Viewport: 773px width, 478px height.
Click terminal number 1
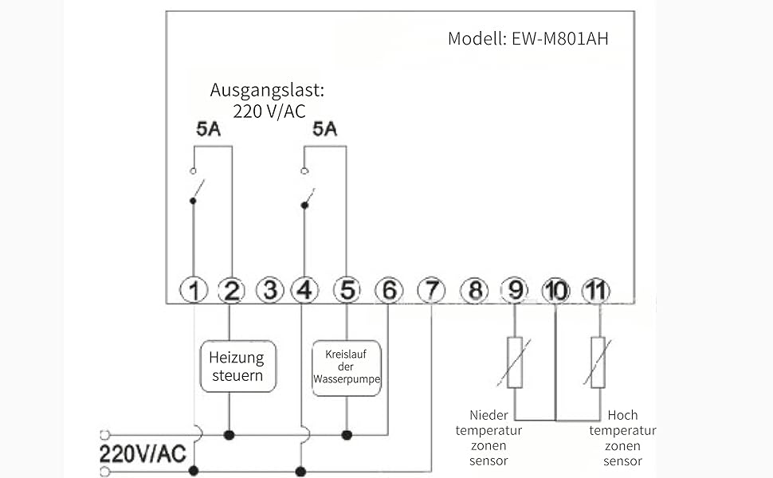click(x=194, y=291)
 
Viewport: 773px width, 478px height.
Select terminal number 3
click(x=270, y=291)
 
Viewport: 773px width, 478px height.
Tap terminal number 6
click(x=388, y=291)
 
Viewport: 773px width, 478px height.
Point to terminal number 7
click(x=431, y=291)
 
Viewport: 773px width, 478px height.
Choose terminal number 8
click(x=475, y=291)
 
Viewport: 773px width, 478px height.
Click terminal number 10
click(x=555, y=291)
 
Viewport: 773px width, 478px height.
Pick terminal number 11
click(x=595, y=291)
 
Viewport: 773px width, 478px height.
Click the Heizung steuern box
click(x=237, y=366)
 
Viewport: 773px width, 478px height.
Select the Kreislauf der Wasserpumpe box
click(x=347, y=366)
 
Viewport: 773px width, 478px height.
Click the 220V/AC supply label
click(x=143, y=454)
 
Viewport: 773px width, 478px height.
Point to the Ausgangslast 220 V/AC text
click(x=269, y=100)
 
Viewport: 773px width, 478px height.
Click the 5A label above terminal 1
click(x=208, y=129)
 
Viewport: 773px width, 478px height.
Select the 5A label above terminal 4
click(x=324, y=129)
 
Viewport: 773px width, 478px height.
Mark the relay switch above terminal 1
click(x=194, y=187)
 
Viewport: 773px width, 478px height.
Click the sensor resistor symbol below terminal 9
click(x=515, y=362)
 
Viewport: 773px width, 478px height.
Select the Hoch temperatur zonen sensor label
click(x=622, y=437)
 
